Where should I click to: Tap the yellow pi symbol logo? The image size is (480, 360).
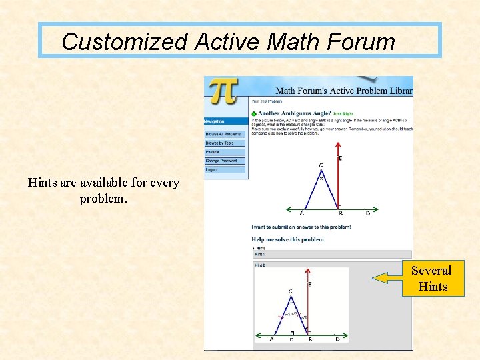pos(223,91)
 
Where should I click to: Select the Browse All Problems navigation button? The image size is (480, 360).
pos(225,134)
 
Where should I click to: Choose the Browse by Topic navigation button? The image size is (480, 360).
pos(225,143)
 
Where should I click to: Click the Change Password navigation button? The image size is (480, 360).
pos(225,161)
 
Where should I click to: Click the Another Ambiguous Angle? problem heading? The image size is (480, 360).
pos(294,113)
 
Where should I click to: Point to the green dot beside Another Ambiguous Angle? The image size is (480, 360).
pos(254,113)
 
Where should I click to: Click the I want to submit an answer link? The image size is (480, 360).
pos(301,227)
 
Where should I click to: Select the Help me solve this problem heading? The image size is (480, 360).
pos(287,239)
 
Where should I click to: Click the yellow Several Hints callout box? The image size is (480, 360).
pos(431,278)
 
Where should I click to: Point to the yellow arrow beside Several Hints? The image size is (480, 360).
pos(386,278)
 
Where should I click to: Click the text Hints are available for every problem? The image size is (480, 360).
pos(103,191)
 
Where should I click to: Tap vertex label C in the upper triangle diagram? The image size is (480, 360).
pos(321,165)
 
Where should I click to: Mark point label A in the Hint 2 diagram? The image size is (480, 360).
pos(271,339)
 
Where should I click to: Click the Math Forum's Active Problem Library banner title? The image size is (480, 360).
pos(344,90)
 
